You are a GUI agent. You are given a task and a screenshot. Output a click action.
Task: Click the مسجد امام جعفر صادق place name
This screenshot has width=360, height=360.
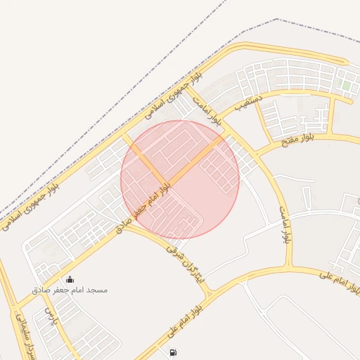(x=69, y=290)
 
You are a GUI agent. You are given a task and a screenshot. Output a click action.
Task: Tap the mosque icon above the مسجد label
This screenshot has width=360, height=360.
(x=69, y=280)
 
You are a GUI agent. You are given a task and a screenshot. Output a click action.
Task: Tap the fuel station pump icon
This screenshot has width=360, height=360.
(x=173, y=352)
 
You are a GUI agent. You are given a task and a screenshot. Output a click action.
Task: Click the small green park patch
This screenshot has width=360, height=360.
(x=345, y=86)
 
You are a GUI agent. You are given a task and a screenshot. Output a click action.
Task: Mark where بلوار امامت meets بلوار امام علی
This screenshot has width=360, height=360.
(x=289, y=268)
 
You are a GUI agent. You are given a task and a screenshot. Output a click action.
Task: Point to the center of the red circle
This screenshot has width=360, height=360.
(x=180, y=179)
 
